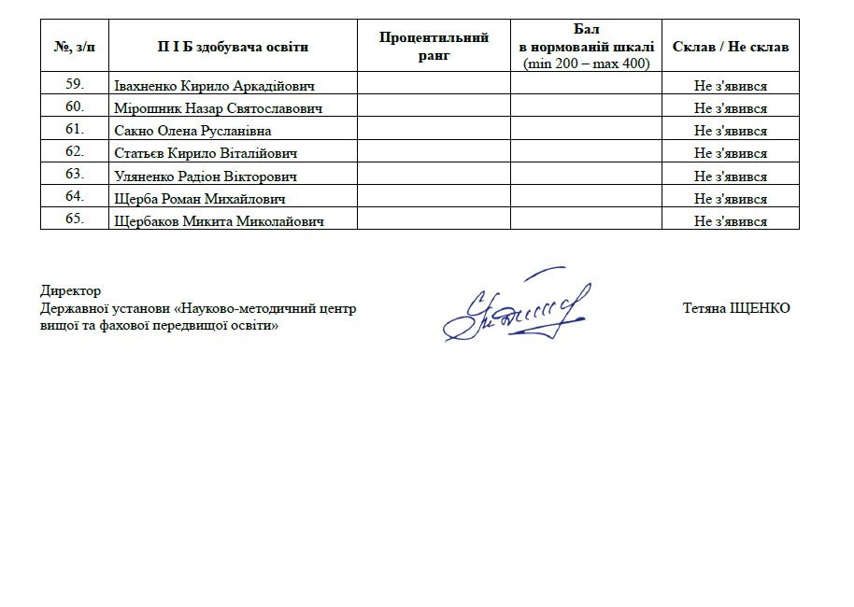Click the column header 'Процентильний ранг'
click(x=434, y=46)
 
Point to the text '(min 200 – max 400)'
click(x=586, y=64)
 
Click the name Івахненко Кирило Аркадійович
click(x=214, y=86)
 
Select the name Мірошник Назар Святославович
click(x=218, y=108)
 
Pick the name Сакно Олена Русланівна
click(x=193, y=131)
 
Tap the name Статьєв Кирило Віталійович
click(x=206, y=153)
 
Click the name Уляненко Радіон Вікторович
click(x=206, y=176)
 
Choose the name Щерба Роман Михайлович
click(x=199, y=198)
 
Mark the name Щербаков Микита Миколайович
click(x=220, y=221)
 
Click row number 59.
click(x=76, y=85)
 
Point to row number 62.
click(x=76, y=152)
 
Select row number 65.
click(x=76, y=219)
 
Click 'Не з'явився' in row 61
click(x=730, y=131)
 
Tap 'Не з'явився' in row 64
click(x=730, y=198)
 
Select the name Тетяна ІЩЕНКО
click(x=736, y=308)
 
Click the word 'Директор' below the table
click(x=71, y=291)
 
